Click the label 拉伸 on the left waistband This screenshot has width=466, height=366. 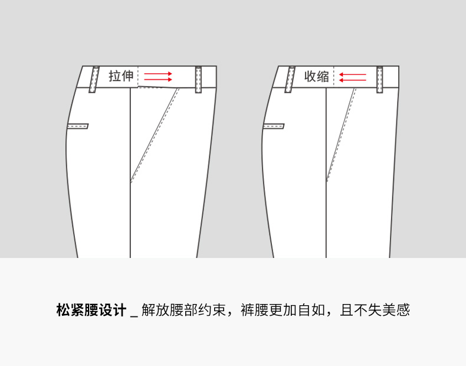click(x=121, y=76)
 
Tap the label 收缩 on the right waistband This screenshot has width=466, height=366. click(x=317, y=76)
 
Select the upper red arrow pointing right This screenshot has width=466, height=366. click(x=158, y=74)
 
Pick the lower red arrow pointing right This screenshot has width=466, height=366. click(x=158, y=80)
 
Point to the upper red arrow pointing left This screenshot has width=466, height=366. click(x=353, y=74)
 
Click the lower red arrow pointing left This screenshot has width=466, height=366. click(x=353, y=80)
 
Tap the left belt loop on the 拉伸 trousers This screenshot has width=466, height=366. click(x=94, y=80)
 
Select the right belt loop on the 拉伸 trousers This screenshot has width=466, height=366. click(x=199, y=80)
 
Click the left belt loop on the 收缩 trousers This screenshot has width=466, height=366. click(x=290, y=80)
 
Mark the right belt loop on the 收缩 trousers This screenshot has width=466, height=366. click(x=380, y=80)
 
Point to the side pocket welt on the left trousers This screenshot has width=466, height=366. click(x=78, y=126)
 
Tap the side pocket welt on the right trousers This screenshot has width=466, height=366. click(x=274, y=126)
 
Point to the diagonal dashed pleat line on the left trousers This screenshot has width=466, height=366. click(x=155, y=135)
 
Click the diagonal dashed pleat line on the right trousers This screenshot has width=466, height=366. click(x=342, y=135)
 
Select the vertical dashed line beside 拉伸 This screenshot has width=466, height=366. click(x=138, y=77)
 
